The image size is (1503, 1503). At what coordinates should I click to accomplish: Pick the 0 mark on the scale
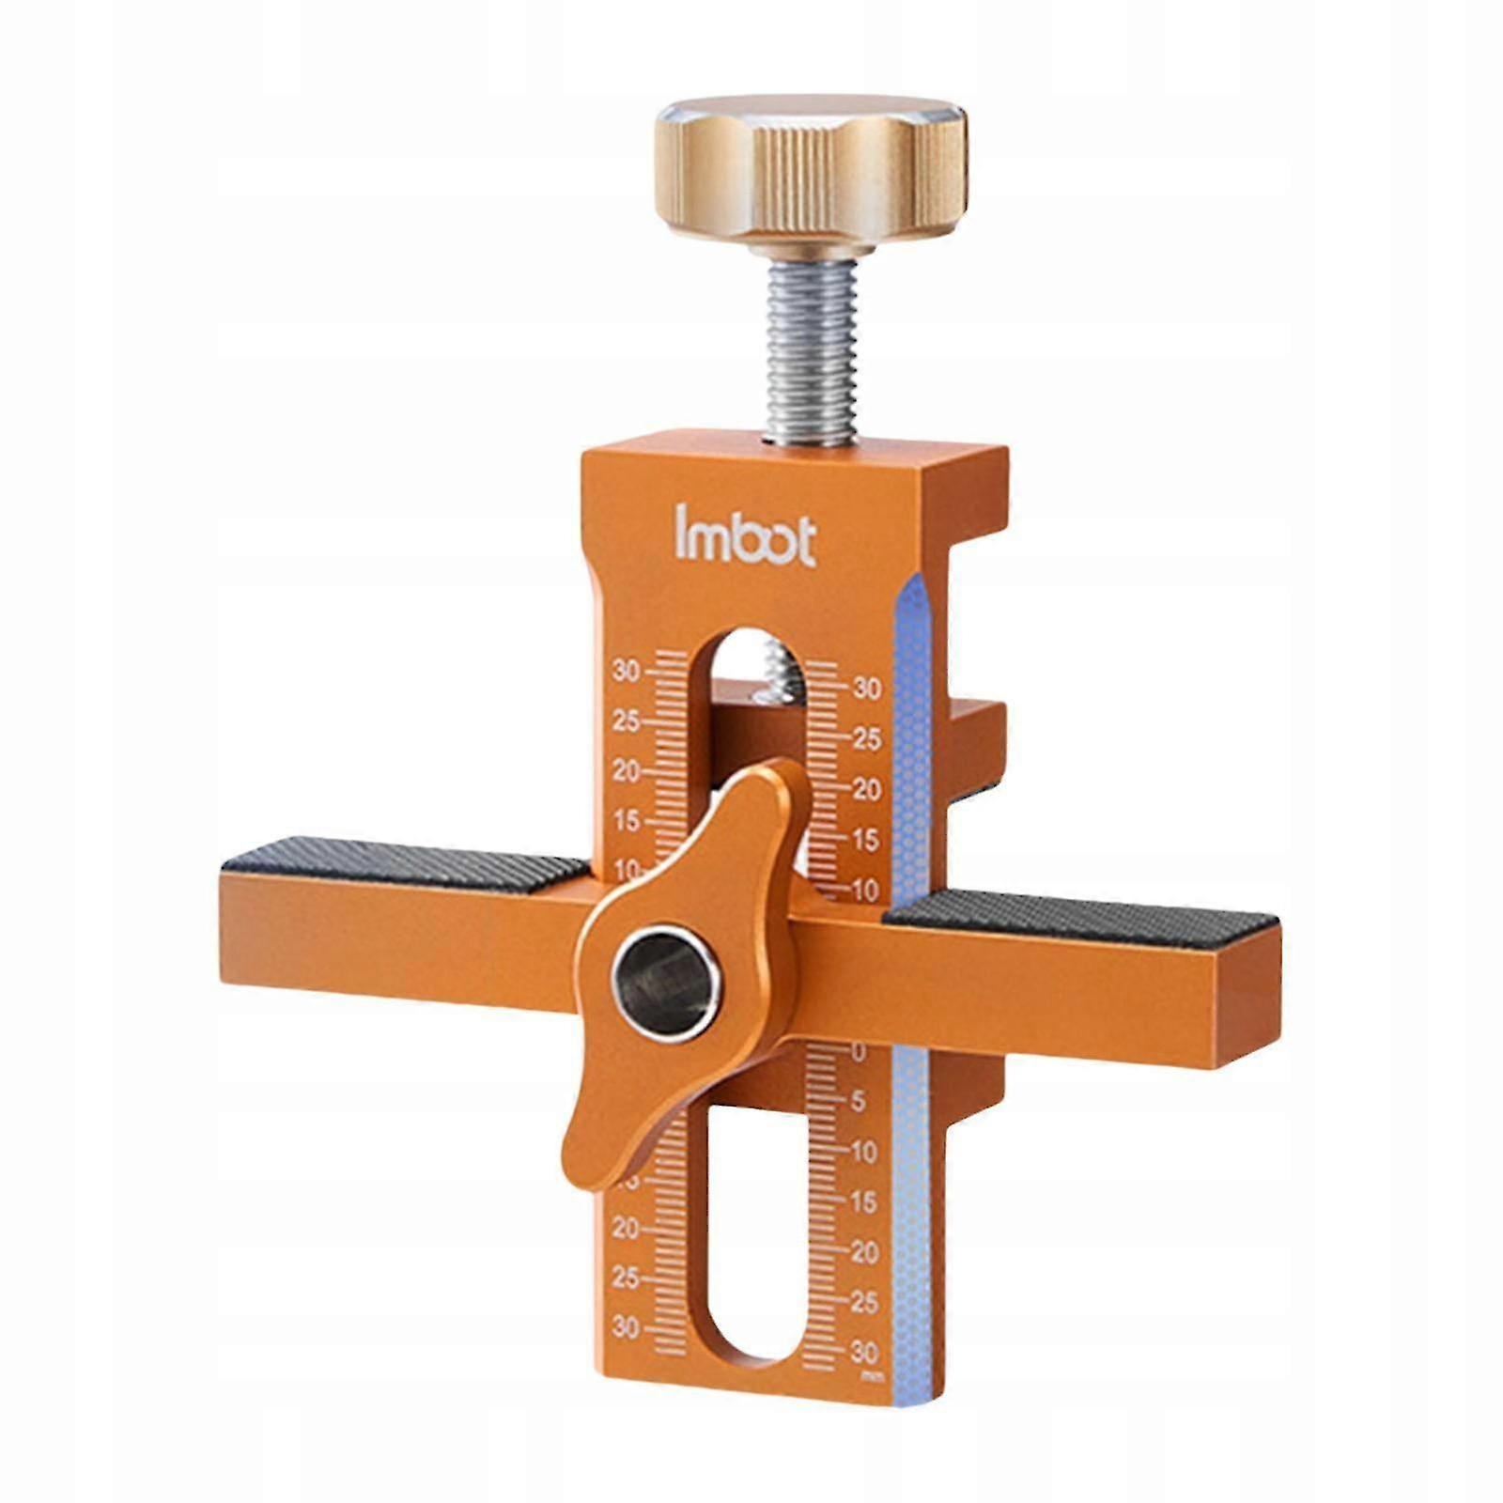click(858, 1053)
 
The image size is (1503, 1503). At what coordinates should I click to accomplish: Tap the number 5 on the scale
click(858, 1102)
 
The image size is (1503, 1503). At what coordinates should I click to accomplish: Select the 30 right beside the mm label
click(863, 1353)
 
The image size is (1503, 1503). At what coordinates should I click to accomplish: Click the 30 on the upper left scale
click(627, 671)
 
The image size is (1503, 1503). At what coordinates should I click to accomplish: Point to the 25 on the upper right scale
click(867, 739)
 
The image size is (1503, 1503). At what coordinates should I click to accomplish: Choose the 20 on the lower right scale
click(863, 1252)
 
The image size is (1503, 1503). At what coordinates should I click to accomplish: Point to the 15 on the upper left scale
click(627, 820)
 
